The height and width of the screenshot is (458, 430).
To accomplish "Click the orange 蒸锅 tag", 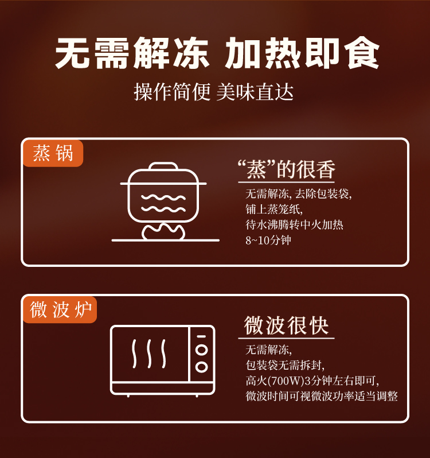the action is [53, 154].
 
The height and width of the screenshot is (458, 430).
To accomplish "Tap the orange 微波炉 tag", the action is [60, 310].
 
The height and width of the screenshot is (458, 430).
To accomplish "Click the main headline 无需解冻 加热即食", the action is [217, 53].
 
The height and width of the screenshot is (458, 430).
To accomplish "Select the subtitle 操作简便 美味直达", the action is [213, 92].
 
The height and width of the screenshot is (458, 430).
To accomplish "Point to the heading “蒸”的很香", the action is [286, 169].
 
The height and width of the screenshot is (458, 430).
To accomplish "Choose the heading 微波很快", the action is [286, 325].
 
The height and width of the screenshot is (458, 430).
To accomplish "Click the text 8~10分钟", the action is [268, 240].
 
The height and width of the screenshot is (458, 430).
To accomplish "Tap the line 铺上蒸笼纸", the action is [274, 209].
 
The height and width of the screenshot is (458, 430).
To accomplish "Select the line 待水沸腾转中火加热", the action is [294, 225].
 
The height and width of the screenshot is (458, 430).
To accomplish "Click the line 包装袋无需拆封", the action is [285, 365].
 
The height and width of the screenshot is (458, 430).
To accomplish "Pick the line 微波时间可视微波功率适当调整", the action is [322, 397].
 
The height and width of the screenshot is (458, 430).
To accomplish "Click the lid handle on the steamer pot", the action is [163, 166].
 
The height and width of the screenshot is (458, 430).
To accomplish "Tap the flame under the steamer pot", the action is [163, 232].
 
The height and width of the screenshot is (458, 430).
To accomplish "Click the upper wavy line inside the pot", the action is [163, 197].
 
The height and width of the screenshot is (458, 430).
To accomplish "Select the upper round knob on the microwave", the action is [202, 350].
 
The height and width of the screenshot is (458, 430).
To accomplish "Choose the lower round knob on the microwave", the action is [202, 367].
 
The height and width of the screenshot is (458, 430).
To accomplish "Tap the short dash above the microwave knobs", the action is [202, 336].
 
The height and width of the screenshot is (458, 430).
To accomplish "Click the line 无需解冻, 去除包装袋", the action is [299, 194].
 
